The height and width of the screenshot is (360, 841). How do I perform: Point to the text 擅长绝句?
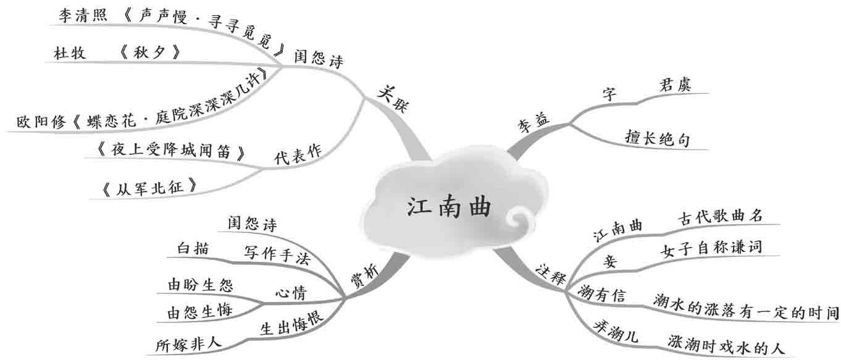click(x=657, y=139)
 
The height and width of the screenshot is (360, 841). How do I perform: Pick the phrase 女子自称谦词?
click(x=711, y=248)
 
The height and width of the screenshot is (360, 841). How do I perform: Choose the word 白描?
click(x=193, y=248)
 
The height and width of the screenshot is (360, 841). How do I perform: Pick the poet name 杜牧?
click(x=70, y=53)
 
